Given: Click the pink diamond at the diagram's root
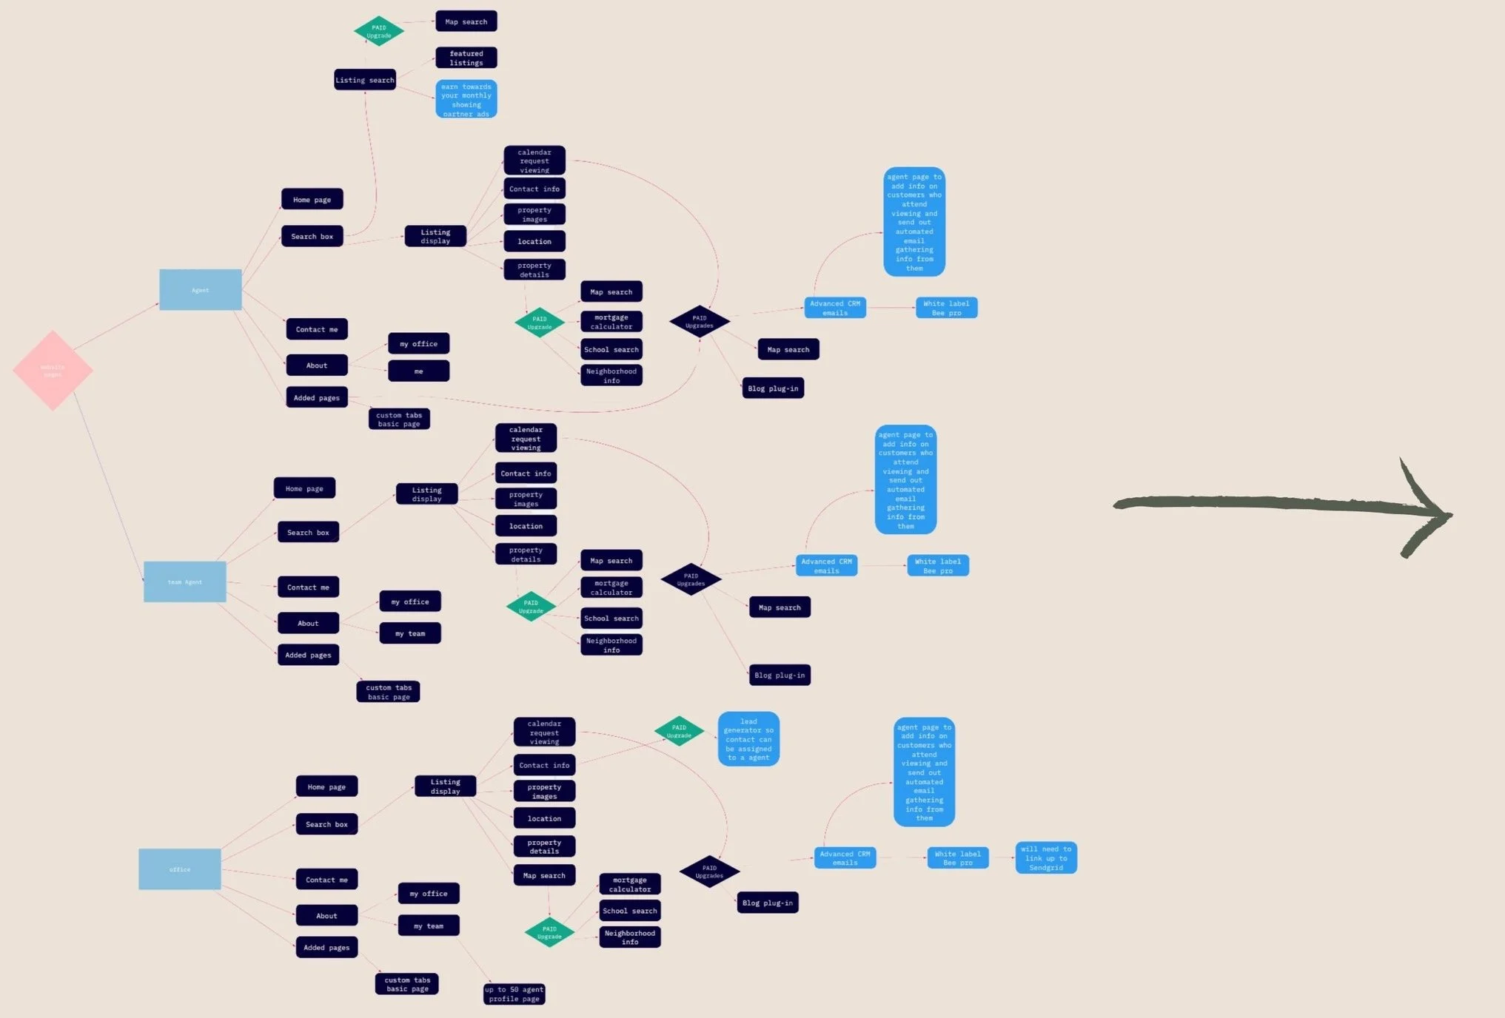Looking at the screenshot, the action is click(53, 370).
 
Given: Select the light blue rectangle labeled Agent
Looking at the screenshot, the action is click(200, 289).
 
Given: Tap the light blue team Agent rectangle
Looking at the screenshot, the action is click(184, 582).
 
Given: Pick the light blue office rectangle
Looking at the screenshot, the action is click(179, 869).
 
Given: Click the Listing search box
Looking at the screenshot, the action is click(365, 80).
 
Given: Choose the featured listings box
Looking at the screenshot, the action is click(466, 58).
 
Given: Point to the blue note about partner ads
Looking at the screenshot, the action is click(466, 99).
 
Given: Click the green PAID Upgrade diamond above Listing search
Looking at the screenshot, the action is click(378, 31).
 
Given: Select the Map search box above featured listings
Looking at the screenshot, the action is click(466, 21).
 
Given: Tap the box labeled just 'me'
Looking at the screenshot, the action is click(418, 371).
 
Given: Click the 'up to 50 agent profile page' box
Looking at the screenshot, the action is click(514, 994).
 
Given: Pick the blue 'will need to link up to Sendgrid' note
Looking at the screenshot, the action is click(1045, 858).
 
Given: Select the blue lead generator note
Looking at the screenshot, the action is click(748, 739).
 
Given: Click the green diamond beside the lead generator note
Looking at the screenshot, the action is click(679, 731).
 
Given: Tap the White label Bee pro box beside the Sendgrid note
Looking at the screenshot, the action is click(957, 858).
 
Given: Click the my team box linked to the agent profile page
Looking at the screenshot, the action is click(429, 926).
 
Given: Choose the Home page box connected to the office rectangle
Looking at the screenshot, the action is click(326, 786).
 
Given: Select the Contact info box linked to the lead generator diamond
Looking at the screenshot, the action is click(544, 765).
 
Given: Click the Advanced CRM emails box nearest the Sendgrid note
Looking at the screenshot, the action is click(845, 858).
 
